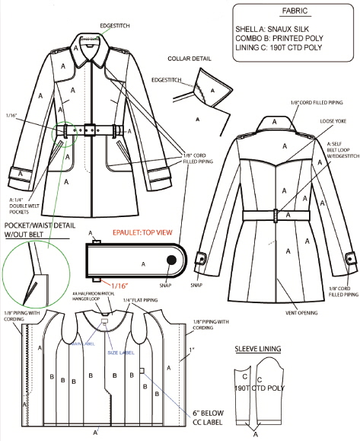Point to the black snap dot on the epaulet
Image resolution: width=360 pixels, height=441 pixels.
[171, 260]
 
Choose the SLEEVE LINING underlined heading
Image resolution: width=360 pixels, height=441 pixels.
[258, 349]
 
